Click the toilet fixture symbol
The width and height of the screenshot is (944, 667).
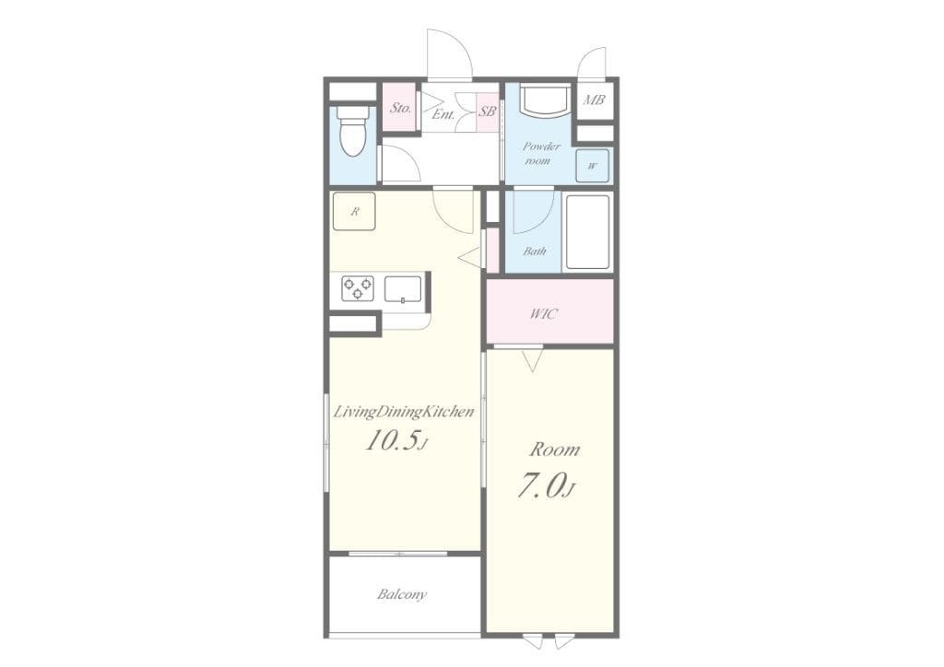click(353, 131)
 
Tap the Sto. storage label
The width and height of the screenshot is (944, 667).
click(400, 109)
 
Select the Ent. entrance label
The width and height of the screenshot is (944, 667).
click(443, 114)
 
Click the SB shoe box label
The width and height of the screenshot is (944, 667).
click(487, 111)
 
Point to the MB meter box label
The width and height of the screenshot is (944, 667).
click(594, 100)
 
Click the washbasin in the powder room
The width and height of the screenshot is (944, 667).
click(544, 99)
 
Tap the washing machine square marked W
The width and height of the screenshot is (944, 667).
click(592, 166)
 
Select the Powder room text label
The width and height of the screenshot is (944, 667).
click(540, 153)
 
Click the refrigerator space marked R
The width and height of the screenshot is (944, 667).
click(354, 211)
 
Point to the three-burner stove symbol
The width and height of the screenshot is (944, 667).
click(358, 288)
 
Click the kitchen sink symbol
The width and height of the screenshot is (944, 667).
click(403, 288)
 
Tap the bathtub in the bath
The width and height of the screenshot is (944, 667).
click(587, 232)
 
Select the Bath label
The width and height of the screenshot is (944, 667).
click(535, 251)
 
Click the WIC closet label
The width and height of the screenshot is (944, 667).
click(544, 314)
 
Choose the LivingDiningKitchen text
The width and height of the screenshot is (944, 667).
click(404, 413)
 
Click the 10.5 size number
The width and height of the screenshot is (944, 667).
click(392, 442)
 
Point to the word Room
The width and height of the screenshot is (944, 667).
click(554, 450)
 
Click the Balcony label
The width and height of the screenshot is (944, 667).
click(402, 594)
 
